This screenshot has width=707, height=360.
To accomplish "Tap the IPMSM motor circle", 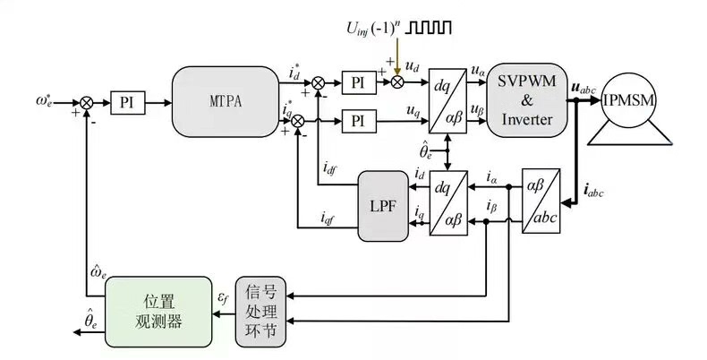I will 634,100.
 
